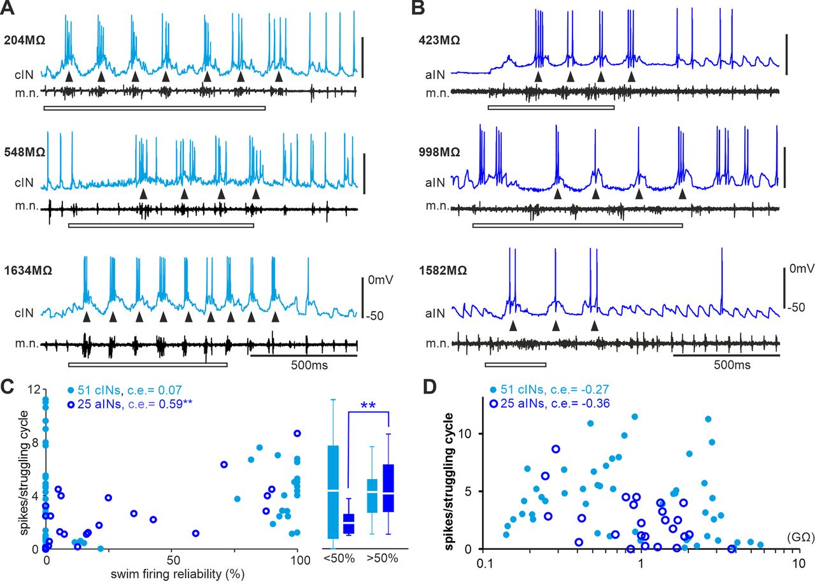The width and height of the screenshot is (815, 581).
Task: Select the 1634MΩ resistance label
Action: coord(28,269)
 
